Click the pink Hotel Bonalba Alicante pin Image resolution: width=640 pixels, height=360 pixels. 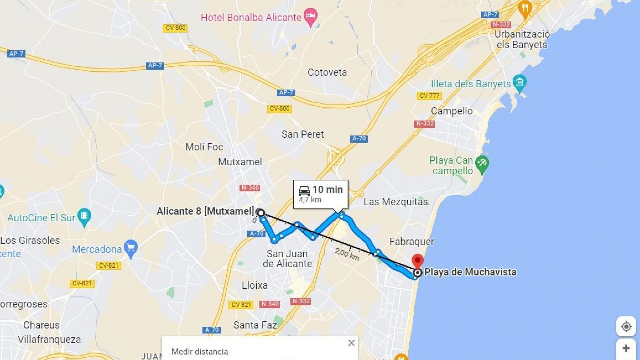[x=311, y=16]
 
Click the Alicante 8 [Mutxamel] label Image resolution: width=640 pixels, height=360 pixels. [x=205, y=211]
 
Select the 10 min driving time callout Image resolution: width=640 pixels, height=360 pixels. [x=321, y=194]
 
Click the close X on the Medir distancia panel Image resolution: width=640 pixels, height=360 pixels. [x=351, y=343]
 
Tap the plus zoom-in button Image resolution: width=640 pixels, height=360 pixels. [x=626, y=349]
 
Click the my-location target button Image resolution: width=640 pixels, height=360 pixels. [x=626, y=327]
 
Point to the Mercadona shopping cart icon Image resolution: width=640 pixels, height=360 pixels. [x=131, y=248]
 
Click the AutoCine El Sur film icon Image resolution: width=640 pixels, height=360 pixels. [x=84, y=216]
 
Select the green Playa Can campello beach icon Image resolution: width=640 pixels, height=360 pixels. [x=482, y=164]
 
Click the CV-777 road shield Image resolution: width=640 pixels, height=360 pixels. [x=429, y=96]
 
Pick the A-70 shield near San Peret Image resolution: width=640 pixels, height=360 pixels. [x=359, y=139]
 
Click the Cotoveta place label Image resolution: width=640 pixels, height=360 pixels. [x=327, y=72]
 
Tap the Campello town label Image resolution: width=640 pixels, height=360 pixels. [x=452, y=111]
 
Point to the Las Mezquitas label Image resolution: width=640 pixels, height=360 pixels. [x=395, y=202]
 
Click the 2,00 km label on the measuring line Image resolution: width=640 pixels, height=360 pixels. [x=347, y=254]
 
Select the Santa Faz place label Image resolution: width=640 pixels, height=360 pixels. [x=255, y=325]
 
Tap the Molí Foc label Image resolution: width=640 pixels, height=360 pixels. [x=204, y=147]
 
